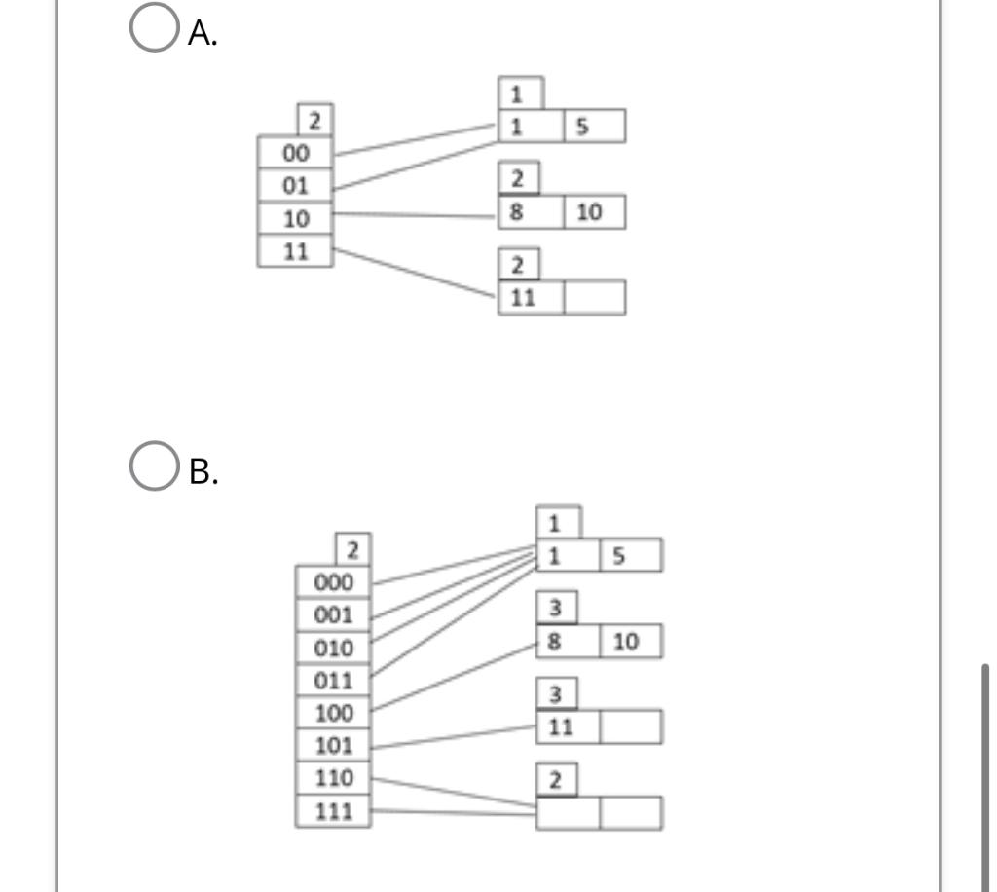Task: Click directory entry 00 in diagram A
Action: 295,153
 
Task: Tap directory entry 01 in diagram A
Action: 295,185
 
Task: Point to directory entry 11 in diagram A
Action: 295,250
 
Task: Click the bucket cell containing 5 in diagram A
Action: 594,126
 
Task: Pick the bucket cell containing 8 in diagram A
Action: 531,212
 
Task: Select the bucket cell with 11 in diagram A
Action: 531,298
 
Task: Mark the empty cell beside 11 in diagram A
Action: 594,298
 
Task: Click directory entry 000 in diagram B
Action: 333,582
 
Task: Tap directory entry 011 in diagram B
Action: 333,680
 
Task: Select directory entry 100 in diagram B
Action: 333,713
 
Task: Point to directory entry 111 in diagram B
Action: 333,811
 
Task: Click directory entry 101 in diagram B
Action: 333,746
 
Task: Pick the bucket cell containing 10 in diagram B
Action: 631,642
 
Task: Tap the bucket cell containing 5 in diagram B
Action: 631,556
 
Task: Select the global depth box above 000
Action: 351,549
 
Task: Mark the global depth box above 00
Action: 314,121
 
